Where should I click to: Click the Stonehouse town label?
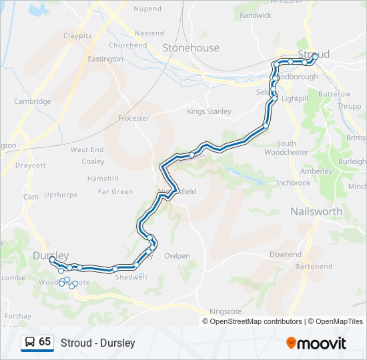point(191,48)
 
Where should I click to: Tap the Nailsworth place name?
point(316,211)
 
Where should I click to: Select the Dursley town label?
point(51,255)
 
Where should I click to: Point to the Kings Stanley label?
point(209,111)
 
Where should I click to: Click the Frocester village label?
point(133,118)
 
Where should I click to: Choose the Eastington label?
point(105,59)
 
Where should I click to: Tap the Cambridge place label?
point(33,101)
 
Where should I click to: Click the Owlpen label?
point(177,255)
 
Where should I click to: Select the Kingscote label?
point(227,311)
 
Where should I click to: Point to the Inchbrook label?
point(294,182)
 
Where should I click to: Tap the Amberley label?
point(316,171)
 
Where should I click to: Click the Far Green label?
point(115,191)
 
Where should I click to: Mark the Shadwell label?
point(131,277)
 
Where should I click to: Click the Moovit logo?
point(316,343)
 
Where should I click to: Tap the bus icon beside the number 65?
point(30,342)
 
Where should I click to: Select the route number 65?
point(45,342)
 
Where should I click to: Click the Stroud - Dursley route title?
point(98,343)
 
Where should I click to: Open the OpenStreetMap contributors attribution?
point(255,321)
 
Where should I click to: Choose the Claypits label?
point(77,35)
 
